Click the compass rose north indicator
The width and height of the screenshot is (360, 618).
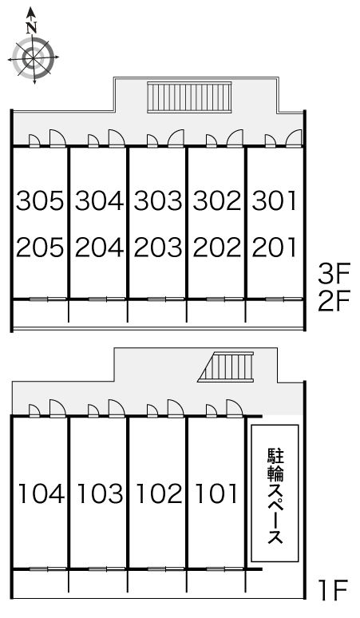31,57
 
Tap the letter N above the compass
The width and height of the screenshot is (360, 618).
31,27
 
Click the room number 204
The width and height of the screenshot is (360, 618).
99,248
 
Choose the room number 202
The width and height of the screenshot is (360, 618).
216,248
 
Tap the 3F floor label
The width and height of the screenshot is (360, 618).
334,275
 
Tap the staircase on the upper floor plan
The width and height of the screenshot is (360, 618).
188,98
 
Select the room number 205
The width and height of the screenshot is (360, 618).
39,248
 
